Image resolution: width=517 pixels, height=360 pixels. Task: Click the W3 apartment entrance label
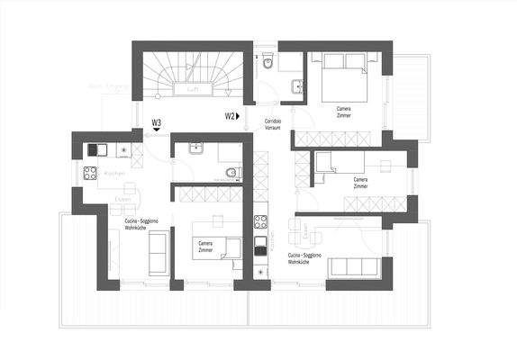click(157, 121)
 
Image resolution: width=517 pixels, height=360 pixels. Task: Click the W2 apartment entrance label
click(230, 116)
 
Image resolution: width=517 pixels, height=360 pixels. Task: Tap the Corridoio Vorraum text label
click(272, 124)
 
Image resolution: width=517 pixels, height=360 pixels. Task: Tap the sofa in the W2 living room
click(354, 267)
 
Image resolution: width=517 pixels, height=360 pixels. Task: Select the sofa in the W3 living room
click(157, 252)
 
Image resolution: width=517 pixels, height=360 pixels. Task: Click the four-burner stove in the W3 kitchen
click(91, 173)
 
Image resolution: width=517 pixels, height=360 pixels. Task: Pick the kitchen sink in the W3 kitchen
click(95, 150)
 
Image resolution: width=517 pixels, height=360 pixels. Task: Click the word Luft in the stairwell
click(192, 90)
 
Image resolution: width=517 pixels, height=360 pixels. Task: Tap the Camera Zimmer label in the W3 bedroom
click(211, 244)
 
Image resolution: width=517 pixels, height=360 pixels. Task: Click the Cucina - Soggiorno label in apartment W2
click(307, 257)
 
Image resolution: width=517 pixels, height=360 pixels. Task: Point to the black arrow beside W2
click(240, 116)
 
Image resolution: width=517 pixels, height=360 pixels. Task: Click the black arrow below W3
click(157, 131)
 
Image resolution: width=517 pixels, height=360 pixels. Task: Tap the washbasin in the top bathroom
click(297, 86)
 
